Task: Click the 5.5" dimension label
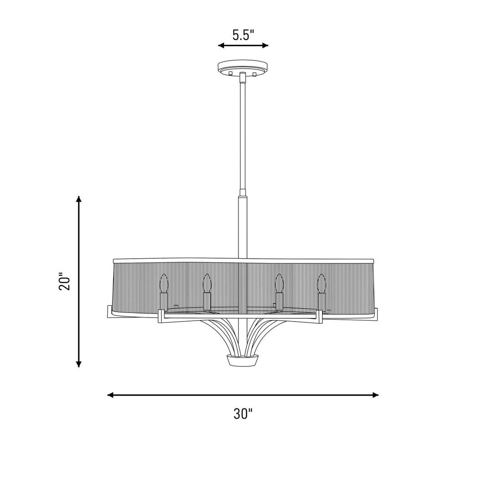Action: point(243,35)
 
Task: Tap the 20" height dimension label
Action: point(65,281)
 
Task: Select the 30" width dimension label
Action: point(243,414)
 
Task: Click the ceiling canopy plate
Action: point(243,66)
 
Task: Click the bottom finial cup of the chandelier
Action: point(243,360)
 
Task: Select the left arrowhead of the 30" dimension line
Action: point(110,395)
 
